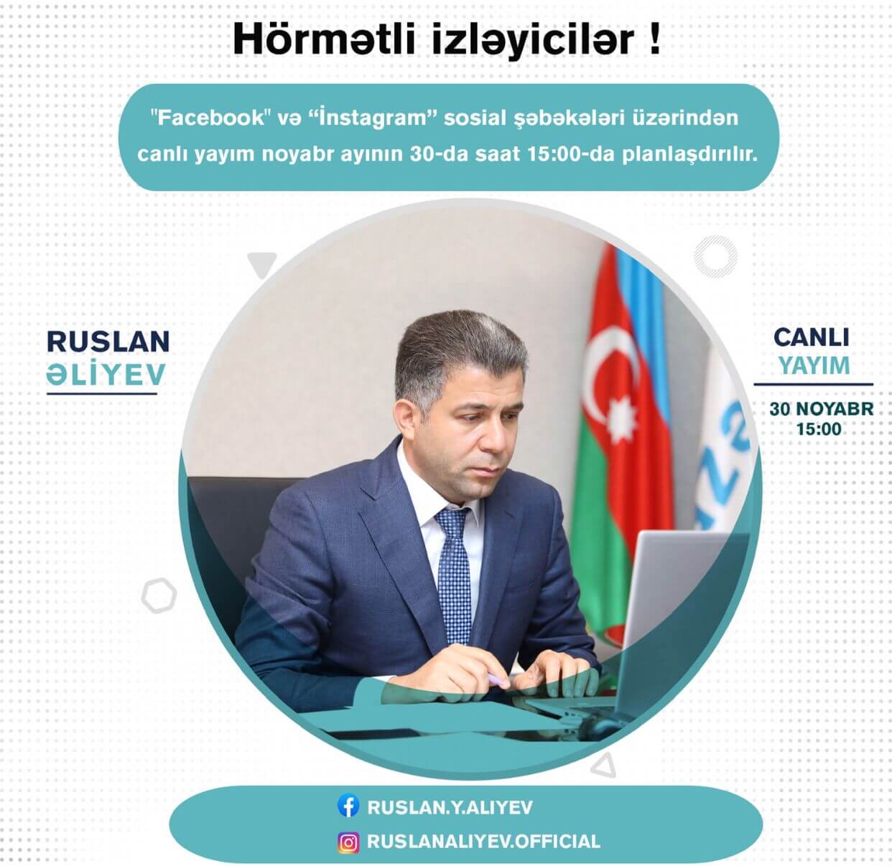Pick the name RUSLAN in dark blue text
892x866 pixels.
(108, 342)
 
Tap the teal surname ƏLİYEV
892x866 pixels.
(106, 374)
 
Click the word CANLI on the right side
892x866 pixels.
(812, 337)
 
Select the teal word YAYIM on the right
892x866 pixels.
(814, 366)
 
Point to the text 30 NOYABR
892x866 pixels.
(821, 409)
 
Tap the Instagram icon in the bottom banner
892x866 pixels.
(348, 842)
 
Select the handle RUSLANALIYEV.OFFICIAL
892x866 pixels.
(483, 842)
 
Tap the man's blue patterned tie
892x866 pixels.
(453, 567)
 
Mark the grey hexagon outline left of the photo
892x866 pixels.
(159, 595)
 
